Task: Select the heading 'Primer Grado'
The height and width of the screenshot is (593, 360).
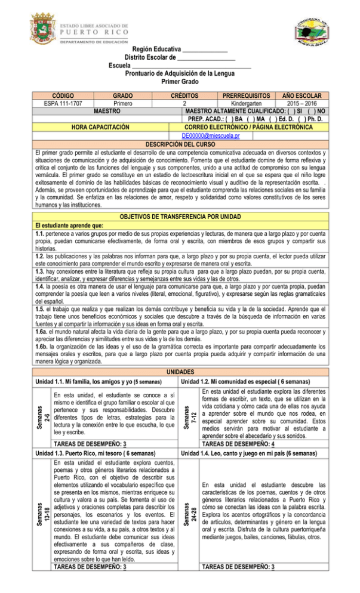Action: pyautogui.click(x=179, y=82)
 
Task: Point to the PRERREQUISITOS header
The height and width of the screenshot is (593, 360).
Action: pyautogui.click(x=241, y=95)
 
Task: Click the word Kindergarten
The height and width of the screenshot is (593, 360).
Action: pyautogui.click(x=241, y=103)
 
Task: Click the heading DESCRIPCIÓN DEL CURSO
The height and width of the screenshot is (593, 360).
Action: pyautogui.click(x=180, y=144)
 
